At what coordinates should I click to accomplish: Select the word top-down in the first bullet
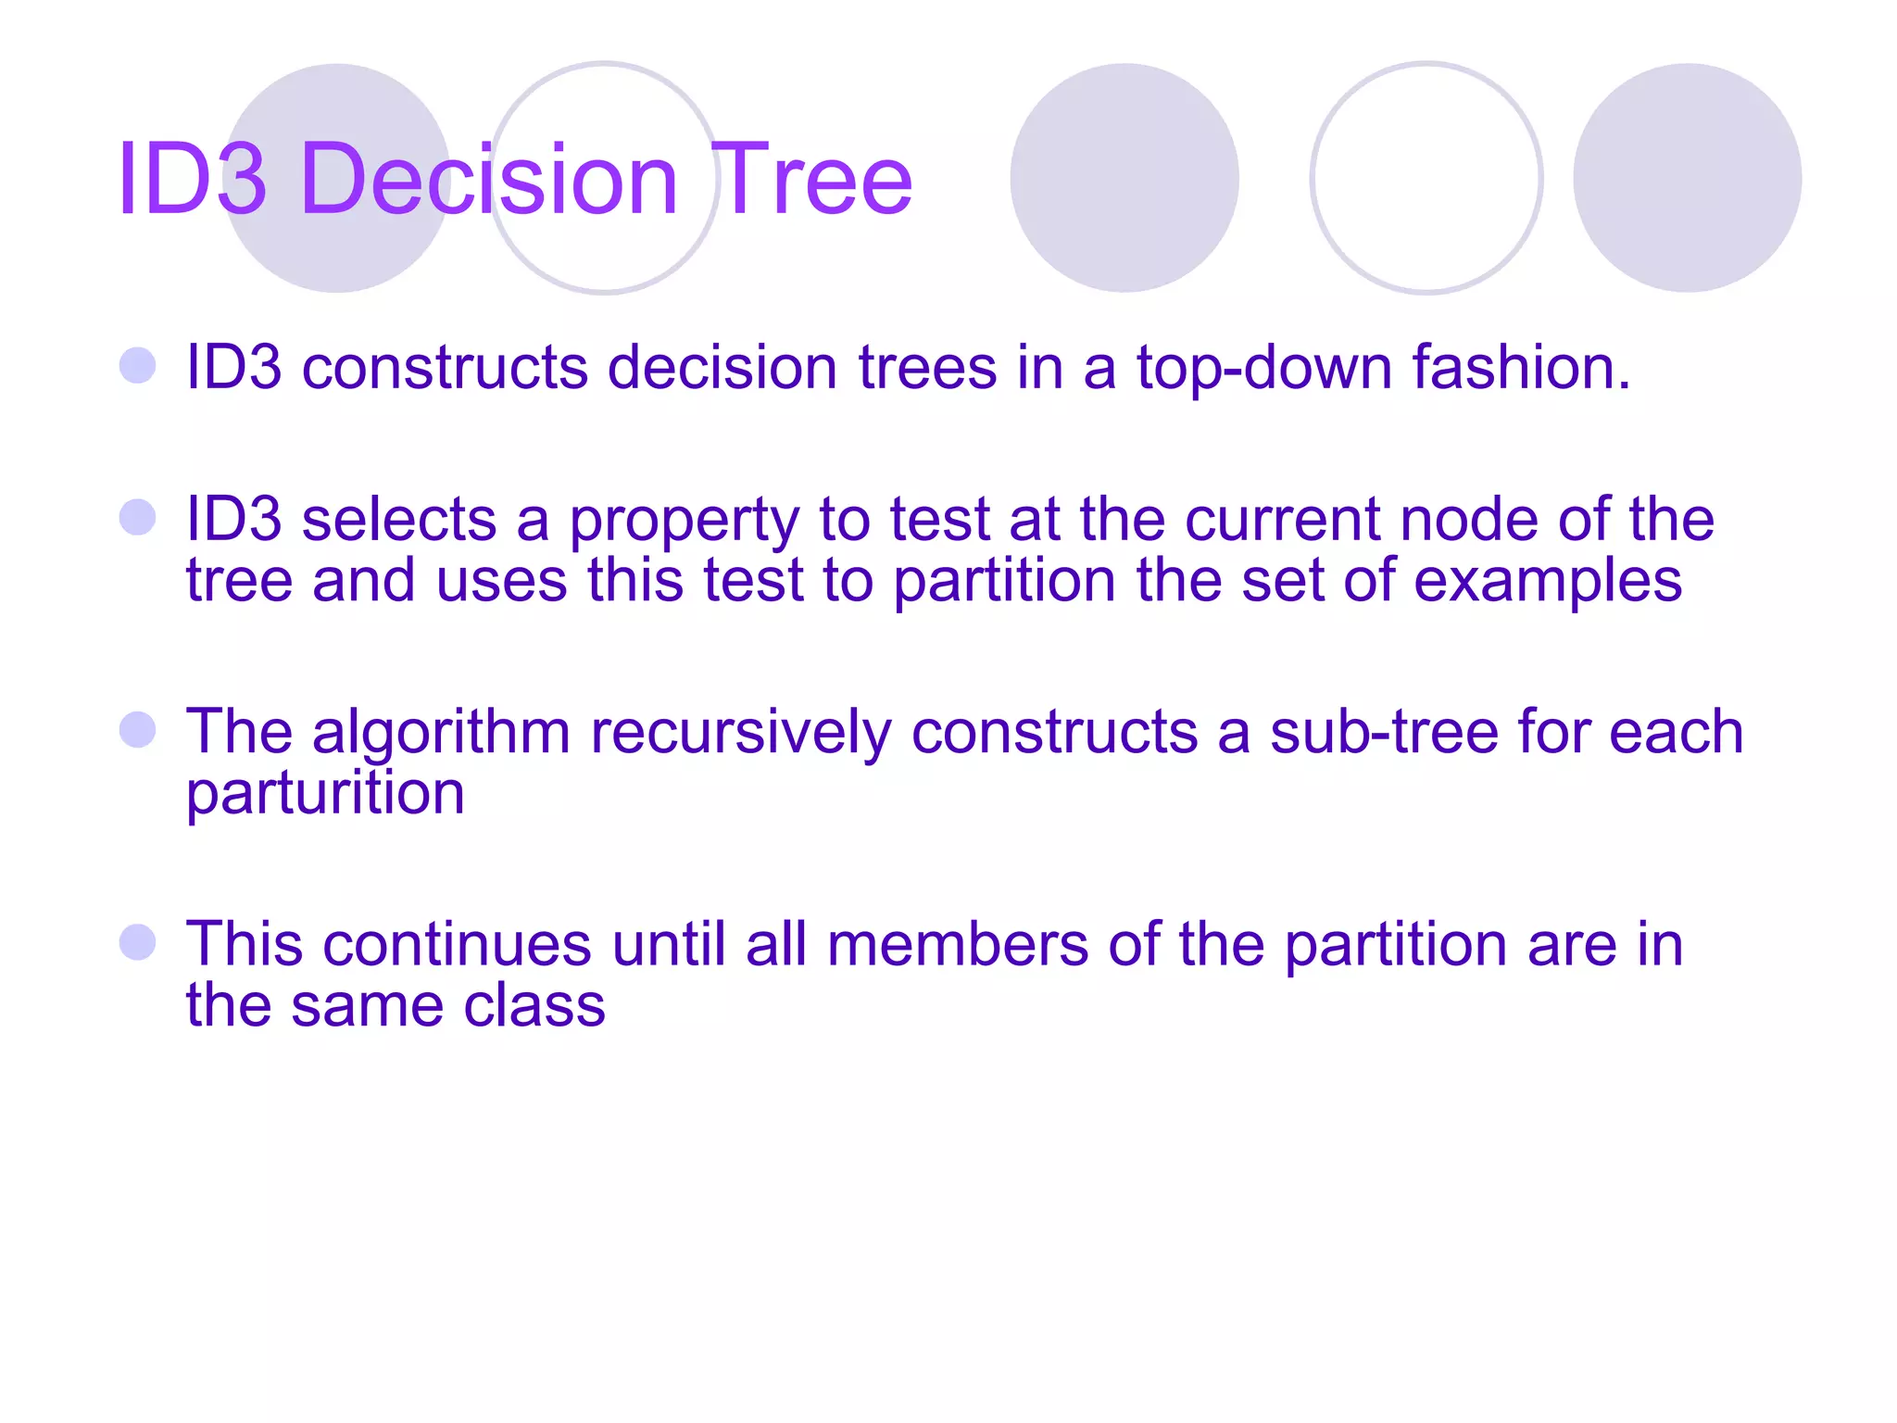coord(1264,369)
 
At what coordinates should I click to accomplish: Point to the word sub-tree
coord(1384,732)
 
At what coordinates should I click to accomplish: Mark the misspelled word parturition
coord(325,795)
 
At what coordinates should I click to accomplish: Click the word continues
coord(457,945)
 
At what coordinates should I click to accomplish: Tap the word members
coord(958,945)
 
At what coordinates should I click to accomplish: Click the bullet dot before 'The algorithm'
coord(138,730)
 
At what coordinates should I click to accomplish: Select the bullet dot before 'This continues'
coord(138,942)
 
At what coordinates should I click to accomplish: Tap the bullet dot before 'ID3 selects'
coord(138,517)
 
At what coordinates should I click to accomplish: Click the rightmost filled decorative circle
coord(1687,178)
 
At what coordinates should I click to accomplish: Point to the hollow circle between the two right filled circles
coord(1426,178)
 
